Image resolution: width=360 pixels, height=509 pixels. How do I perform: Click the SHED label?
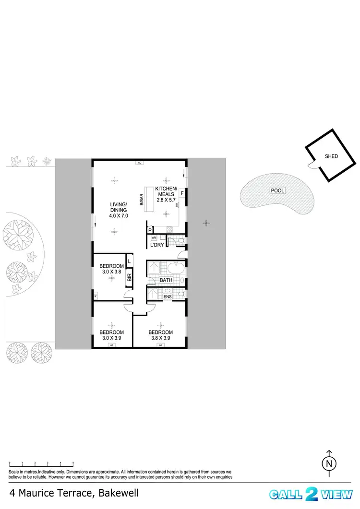coord(331,156)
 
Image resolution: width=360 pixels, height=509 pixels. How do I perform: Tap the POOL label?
coord(277,190)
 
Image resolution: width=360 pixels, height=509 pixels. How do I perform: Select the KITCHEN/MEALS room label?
coord(166,191)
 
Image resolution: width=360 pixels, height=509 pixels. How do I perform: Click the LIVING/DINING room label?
coord(118,207)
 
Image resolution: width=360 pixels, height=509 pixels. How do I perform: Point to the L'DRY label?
coord(157,246)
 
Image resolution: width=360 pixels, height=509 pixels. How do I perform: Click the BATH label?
coord(166,280)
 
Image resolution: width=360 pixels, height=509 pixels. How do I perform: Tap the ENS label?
coord(168,297)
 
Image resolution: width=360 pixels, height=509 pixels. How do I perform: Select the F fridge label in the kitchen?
coord(182,194)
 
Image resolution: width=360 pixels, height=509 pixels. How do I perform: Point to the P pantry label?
coord(150,230)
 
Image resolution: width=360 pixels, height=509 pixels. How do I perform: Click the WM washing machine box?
coord(154,237)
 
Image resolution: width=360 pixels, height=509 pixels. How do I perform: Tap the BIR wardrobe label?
coord(129,277)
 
